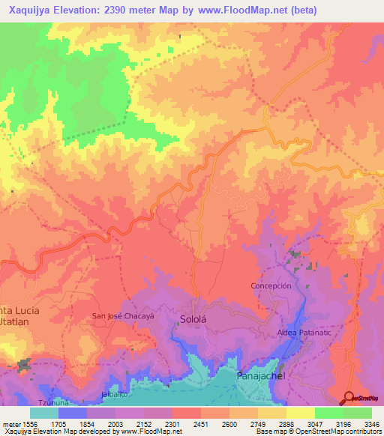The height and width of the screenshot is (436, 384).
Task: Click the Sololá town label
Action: coord(193,319)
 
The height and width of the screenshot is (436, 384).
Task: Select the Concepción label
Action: coord(271,286)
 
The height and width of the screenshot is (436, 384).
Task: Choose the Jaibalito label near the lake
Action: coord(113,393)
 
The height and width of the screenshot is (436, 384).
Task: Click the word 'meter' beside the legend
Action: coord(10,423)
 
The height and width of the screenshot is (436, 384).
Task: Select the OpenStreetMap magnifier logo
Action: coord(349,397)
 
